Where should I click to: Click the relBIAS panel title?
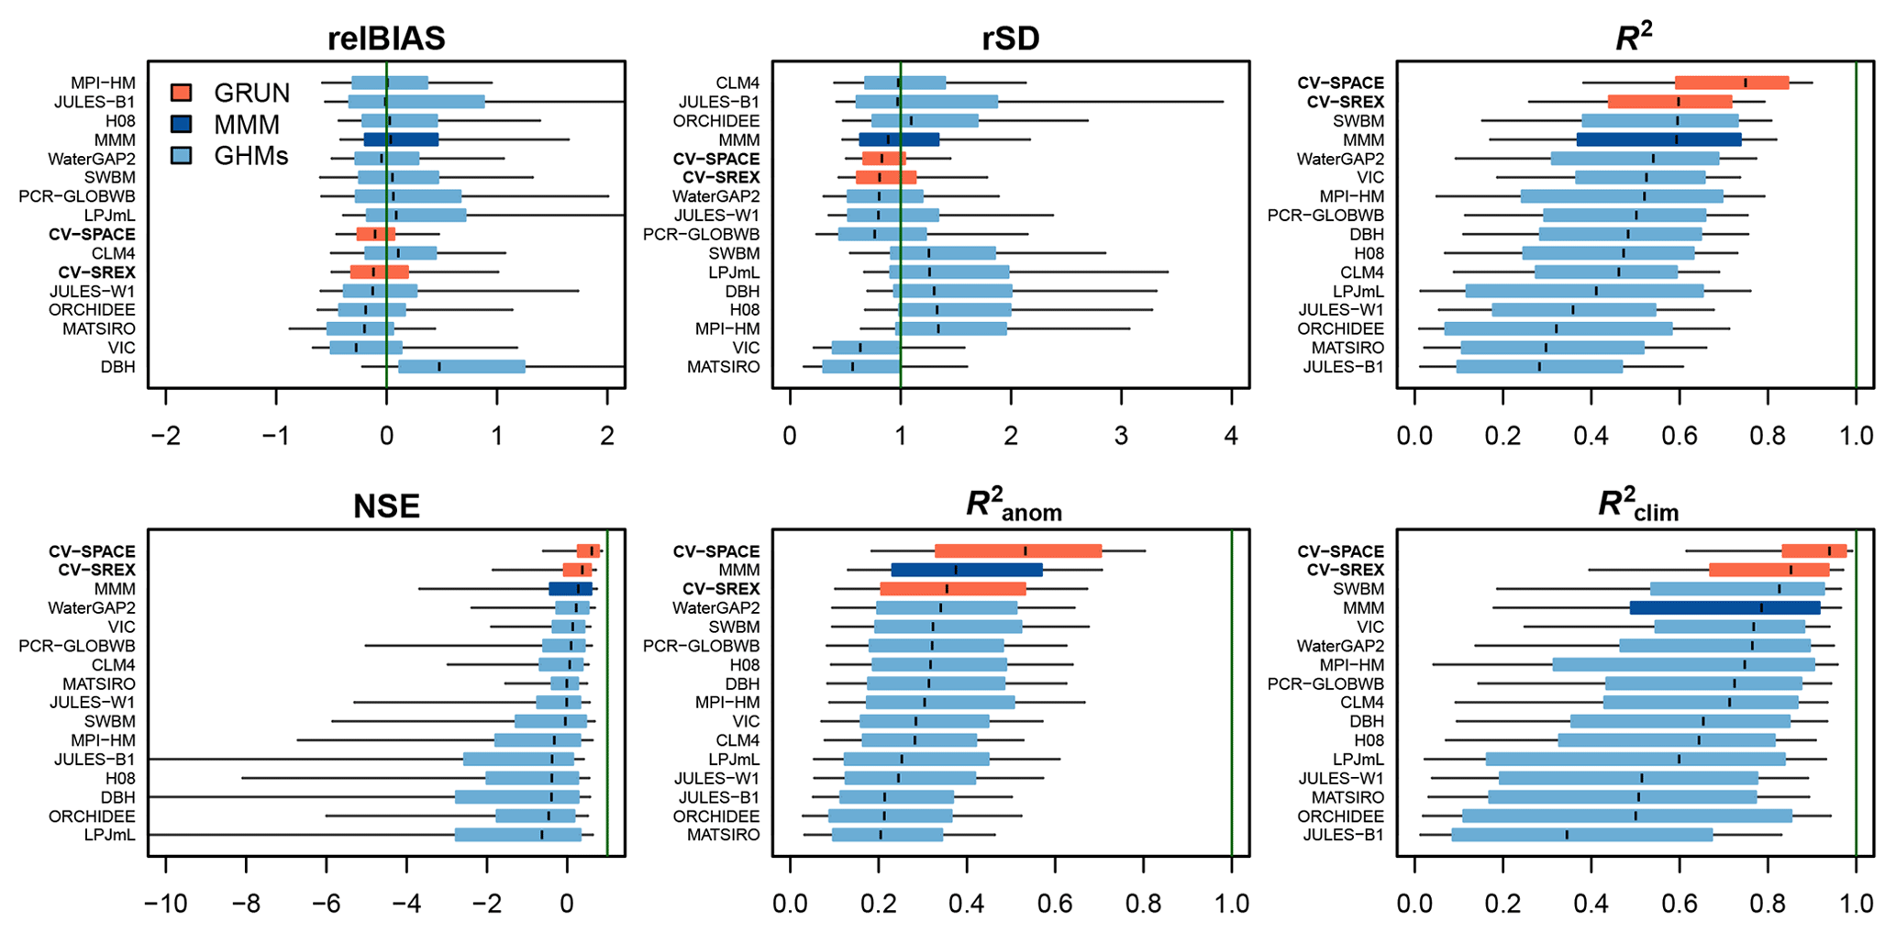click(x=386, y=39)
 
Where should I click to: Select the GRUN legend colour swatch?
click(x=182, y=93)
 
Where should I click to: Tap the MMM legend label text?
click(x=247, y=124)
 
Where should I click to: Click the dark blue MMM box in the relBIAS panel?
click(x=401, y=140)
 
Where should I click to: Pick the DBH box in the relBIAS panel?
click(x=461, y=367)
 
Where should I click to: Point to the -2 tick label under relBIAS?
click(x=165, y=436)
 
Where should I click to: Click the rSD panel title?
click(x=1010, y=39)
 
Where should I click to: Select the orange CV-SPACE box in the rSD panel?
click(x=883, y=159)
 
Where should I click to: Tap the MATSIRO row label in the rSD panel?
click(x=723, y=367)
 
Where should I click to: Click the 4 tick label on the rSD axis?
click(x=1231, y=436)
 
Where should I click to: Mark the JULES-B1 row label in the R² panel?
click(x=1343, y=367)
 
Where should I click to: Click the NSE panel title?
click(x=386, y=506)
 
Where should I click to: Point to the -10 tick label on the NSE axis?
click(x=165, y=904)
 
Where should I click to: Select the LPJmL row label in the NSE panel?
click(x=109, y=835)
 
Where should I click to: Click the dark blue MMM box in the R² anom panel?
click(x=967, y=570)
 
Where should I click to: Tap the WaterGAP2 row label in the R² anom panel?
click(x=715, y=607)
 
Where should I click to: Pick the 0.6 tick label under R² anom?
click(x=1054, y=904)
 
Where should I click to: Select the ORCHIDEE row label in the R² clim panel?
click(x=1340, y=816)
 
